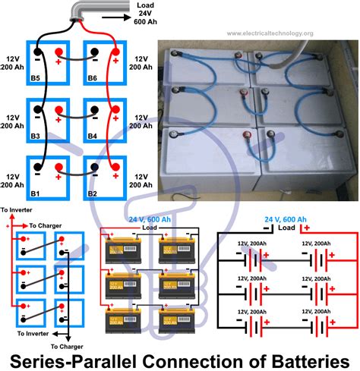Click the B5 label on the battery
click(33, 77)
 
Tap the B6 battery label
click(93, 77)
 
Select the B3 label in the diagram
click(33, 136)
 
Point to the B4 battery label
click(93, 136)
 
